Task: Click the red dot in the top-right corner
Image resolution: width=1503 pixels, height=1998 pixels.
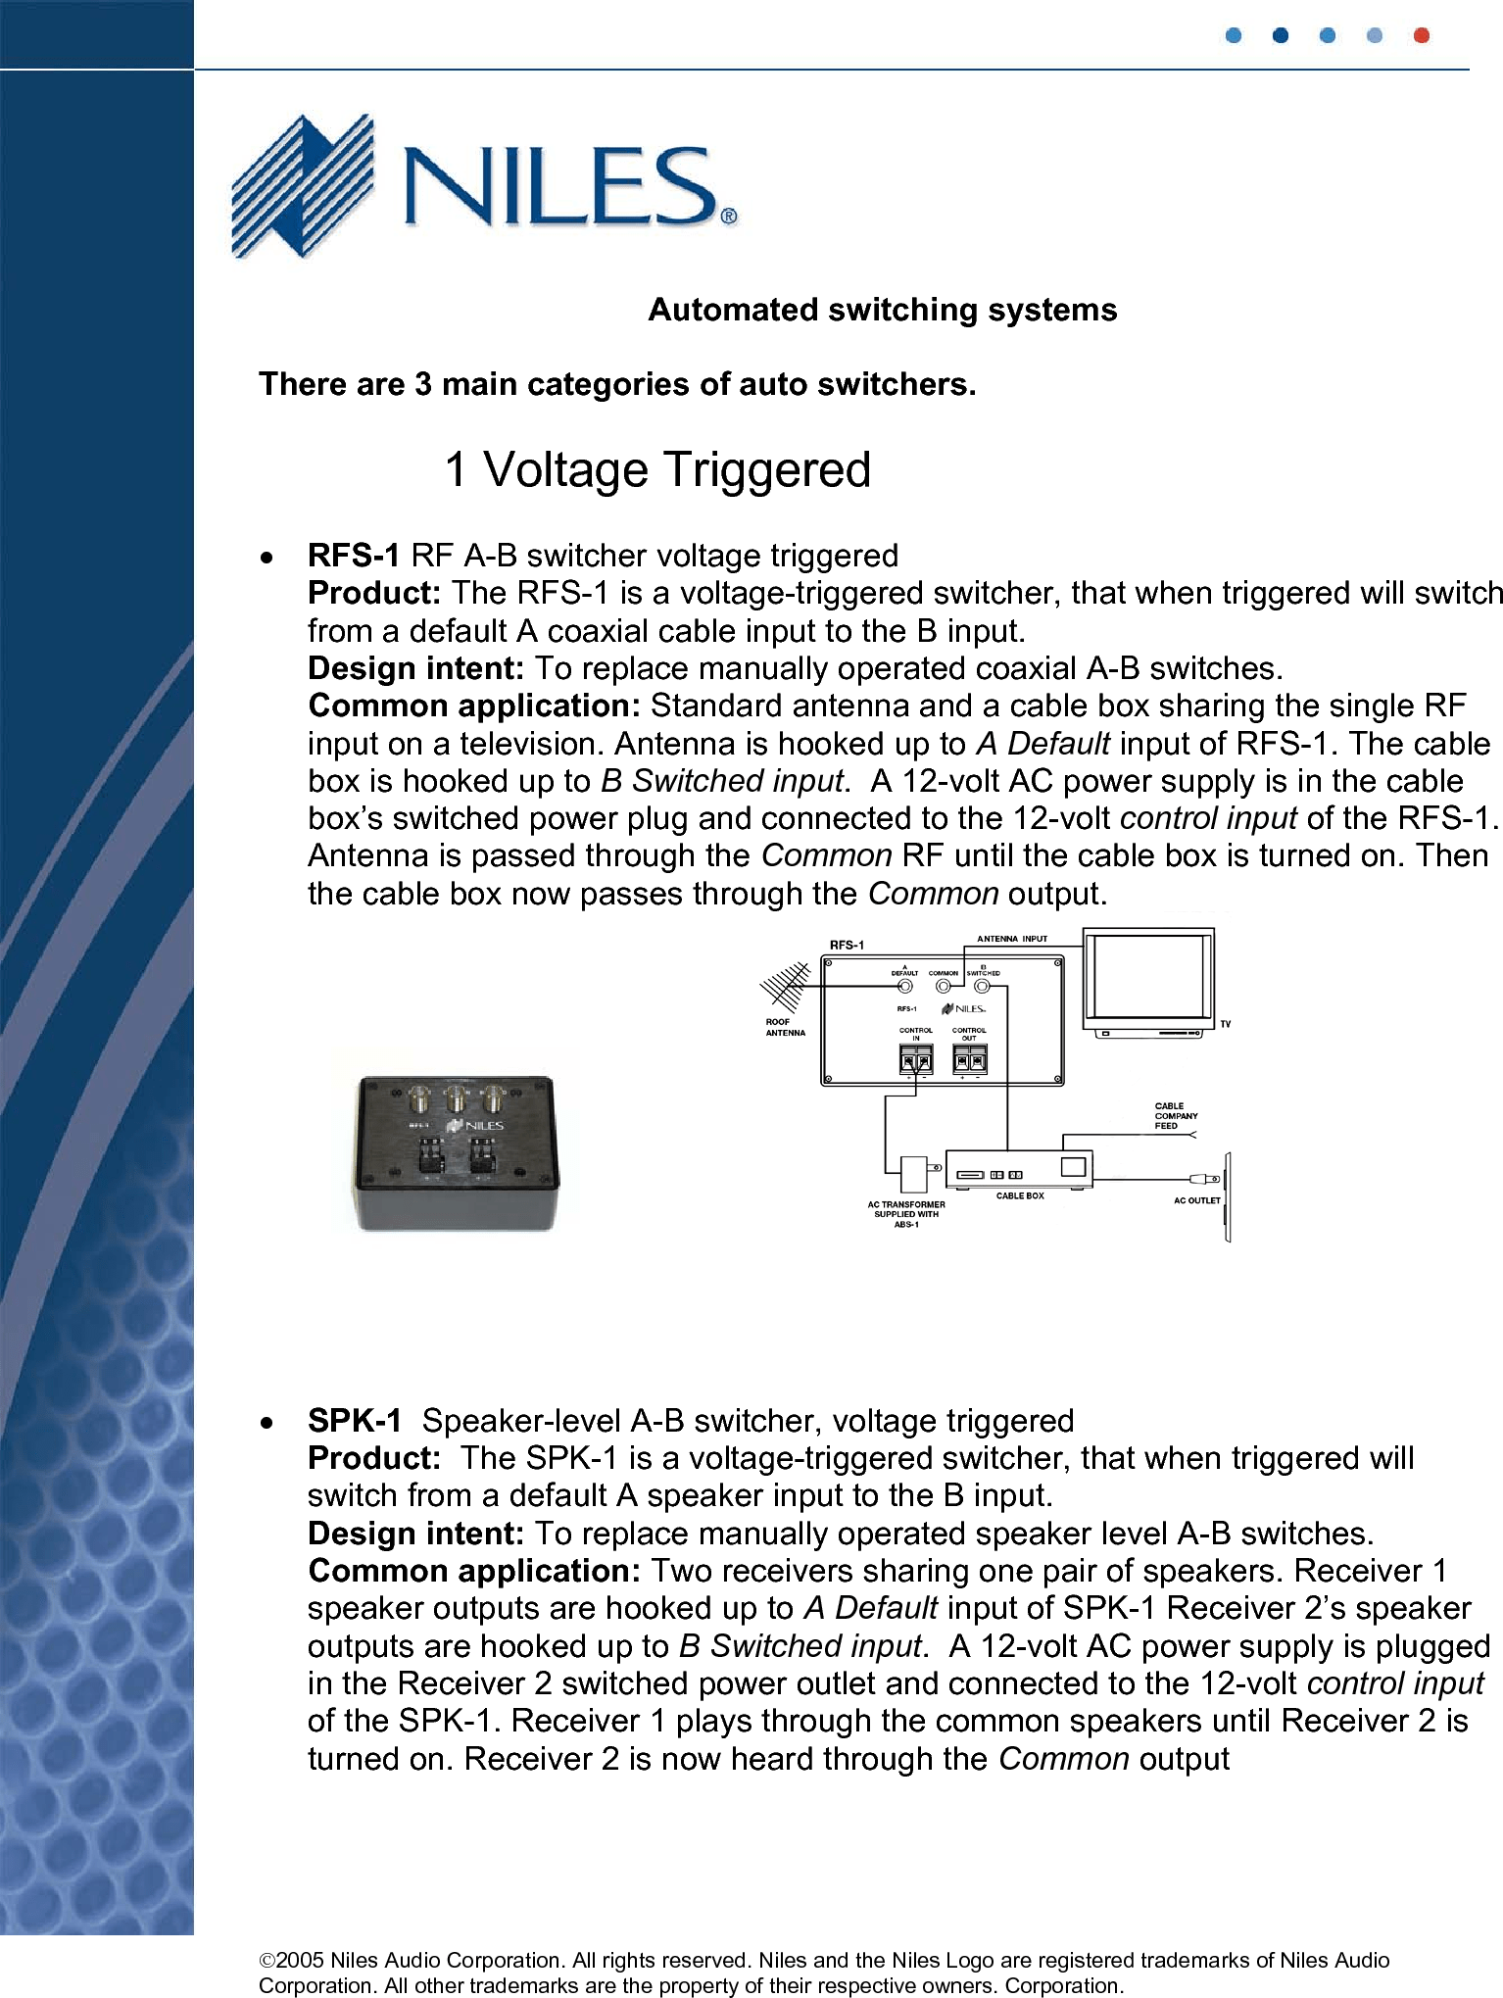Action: [x=1421, y=36]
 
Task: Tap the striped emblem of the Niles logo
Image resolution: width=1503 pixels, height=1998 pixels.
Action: [x=302, y=185]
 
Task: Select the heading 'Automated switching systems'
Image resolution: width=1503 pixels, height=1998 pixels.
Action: [x=882, y=310]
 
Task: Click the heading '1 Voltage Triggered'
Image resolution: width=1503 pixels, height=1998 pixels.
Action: [x=657, y=469]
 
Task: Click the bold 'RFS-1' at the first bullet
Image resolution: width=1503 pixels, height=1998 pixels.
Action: [x=353, y=556]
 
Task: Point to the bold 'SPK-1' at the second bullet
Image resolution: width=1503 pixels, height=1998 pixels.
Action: [x=354, y=1421]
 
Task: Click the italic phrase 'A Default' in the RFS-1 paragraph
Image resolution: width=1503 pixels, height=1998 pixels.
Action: [x=1042, y=744]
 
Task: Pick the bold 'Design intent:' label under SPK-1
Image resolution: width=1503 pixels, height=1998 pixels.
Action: [x=416, y=1534]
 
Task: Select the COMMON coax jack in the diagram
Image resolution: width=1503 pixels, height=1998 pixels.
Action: [x=944, y=987]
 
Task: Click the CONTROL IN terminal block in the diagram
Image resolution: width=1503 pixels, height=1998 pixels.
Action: [x=916, y=1059]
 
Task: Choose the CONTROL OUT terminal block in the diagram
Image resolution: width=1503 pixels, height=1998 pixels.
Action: [x=969, y=1059]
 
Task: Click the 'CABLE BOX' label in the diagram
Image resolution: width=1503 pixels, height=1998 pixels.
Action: [x=1019, y=1196]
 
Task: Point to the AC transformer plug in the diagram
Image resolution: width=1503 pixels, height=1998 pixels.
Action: [x=915, y=1171]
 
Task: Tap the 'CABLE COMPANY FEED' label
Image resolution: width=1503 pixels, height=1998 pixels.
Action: [x=1175, y=1116]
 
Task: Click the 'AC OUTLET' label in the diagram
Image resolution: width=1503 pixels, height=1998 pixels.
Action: [x=1196, y=1200]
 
